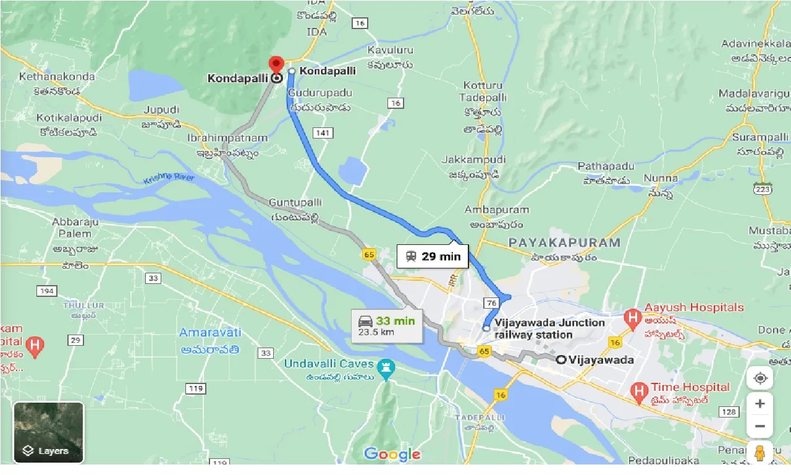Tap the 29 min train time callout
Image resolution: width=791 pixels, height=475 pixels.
pos(433,256)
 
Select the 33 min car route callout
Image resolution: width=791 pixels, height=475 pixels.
pos(387,325)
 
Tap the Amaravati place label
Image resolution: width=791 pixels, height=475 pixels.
pos(210,333)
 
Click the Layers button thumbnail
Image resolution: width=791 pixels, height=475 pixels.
pos(48,432)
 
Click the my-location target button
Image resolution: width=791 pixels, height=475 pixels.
pos(759,377)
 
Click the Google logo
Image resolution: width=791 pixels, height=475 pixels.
pos(392,455)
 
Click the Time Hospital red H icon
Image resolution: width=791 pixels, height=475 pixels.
pos(638,390)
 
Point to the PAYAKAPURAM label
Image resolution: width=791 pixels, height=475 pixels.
pos(564,242)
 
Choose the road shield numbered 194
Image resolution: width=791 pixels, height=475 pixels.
pos(46,291)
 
